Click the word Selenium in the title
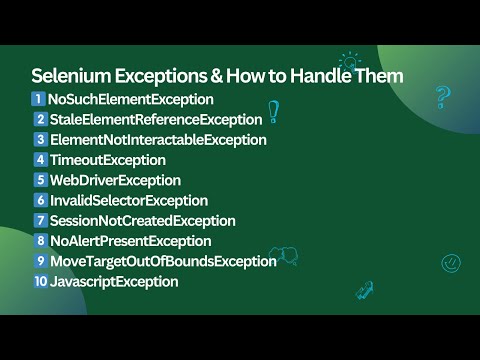click(69, 76)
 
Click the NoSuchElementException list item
click(131, 99)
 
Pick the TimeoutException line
click(108, 160)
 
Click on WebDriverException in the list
click(115, 180)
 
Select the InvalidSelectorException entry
click(129, 201)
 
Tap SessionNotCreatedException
click(142, 221)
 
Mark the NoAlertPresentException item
click(130, 241)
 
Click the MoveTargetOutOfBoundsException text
click(163, 261)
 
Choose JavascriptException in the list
click(114, 282)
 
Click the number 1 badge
click(39, 99)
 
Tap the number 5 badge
click(41, 180)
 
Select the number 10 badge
click(40, 282)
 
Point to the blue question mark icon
click(441, 97)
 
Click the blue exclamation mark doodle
click(272, 111)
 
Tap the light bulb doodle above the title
click(349, 62)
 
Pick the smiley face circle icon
click(451, 262)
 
